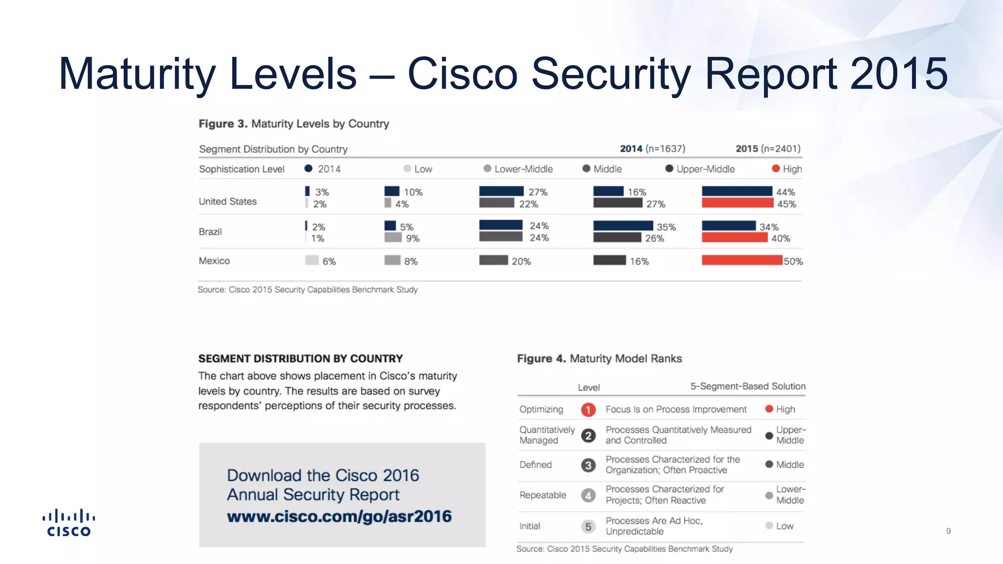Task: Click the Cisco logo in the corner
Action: [x=69, y=523]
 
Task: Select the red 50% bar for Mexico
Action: [x=741, y=260]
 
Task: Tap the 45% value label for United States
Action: [x=787, y=204]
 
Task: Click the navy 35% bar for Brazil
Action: [x=623, y=226]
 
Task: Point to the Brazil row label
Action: [x=210, y=232]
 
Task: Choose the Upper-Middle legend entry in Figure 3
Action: [x=700, y=169]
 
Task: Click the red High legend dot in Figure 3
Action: [x=776, y=168]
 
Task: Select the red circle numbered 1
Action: [x=588, y=410]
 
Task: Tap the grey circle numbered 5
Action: [x=588, y=527]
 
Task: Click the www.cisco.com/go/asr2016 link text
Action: [x=339, y=517]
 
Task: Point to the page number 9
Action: [x=948, y=531]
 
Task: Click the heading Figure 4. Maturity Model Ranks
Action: [x=599, y=358]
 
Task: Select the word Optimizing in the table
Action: [x=541, y=409]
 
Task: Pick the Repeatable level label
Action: [x=543, y=495]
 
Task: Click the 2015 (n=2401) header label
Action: [x=768, y=148]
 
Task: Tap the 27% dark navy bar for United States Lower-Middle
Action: [x=501, y=191]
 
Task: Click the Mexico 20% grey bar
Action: [x=493, y=260]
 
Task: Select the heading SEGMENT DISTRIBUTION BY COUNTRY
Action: [x=300, y=358]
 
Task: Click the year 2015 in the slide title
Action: [x=899, y=73]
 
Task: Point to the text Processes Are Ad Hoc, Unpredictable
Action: [x=654, y=526]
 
